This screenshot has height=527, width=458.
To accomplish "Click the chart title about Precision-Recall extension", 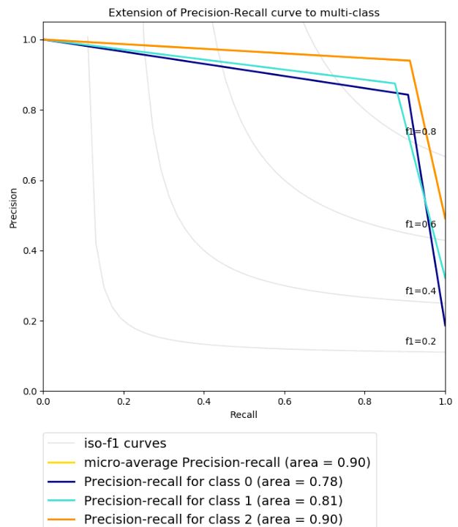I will pyautogui.click(x=244, y=13).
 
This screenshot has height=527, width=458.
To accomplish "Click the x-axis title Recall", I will pyautogui.click(x=244, y=414).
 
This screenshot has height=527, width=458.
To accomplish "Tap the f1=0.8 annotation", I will pyautogui.click(x=421, y=132).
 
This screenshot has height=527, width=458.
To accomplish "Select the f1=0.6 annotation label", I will pyautogui.click(x=421, y=224).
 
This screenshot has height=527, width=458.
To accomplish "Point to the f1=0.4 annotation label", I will pyautogui.click(x=421, y=291).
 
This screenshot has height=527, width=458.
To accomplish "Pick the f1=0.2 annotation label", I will pyautogui.click(x=421, y=341).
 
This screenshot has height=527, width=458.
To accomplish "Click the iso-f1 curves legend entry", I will pyautogui.click(x=125, y=444).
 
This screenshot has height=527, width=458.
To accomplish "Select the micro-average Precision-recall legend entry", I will pyautogui.click(x=227, y=463).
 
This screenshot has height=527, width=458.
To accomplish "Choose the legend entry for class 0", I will pyautogui.click(x=213, y=482).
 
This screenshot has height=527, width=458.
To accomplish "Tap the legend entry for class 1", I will pyautogui.click(x=213, y=501).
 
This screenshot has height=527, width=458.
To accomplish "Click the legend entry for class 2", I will pyautogui.click(x=213, y=520).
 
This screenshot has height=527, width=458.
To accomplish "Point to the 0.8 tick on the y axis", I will pyautogui.click(x=30, y=110).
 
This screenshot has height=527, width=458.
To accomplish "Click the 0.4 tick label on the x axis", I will pyautogui.click(x=203, y=401).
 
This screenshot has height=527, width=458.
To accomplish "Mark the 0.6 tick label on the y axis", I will pyautogui.click(x=30, y=180).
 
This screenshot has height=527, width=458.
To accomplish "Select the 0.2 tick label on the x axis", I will pyautogui.click(x=124, y=401).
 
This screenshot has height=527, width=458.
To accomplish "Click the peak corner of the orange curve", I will pyautogui.click(x=410, y=61).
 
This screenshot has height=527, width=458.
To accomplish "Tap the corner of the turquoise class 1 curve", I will pyautogui.click(x=395, y=83).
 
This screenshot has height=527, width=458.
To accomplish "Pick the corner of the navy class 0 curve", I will pyautogui.click(x=408, y=94).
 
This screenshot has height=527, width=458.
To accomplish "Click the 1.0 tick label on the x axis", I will pyautogui.click(x=445, y=401).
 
